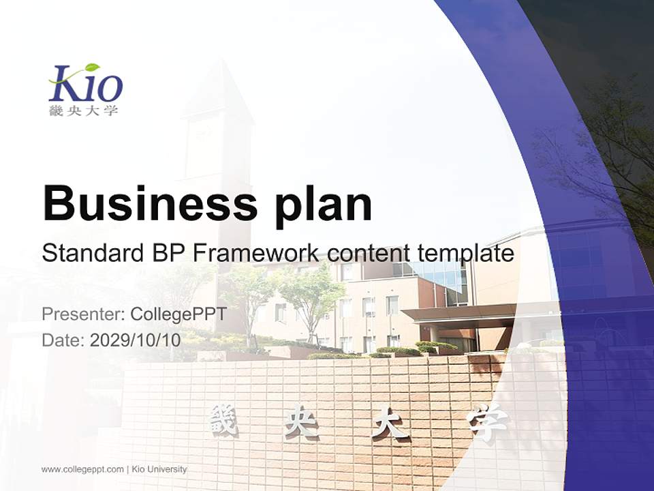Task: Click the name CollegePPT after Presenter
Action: [178, 314]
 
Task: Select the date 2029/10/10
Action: [136, 340]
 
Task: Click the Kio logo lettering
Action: [87, 86]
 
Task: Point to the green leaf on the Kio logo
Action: [91, 68]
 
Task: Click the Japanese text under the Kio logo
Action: [83, 110]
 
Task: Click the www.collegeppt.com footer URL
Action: [82, 469]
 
